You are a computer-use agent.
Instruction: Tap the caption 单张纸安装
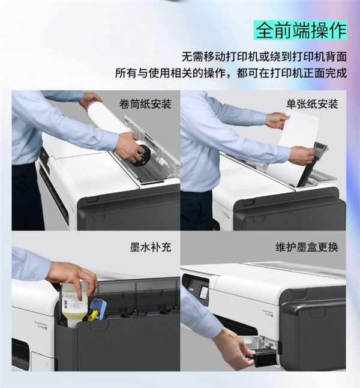click(x=312, y=104)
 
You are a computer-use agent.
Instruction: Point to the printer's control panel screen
click(x=203, y=293)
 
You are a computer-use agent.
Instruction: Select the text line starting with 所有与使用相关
click(x=231, y=73)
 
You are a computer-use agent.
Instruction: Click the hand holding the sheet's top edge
click(x=277, y=120)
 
